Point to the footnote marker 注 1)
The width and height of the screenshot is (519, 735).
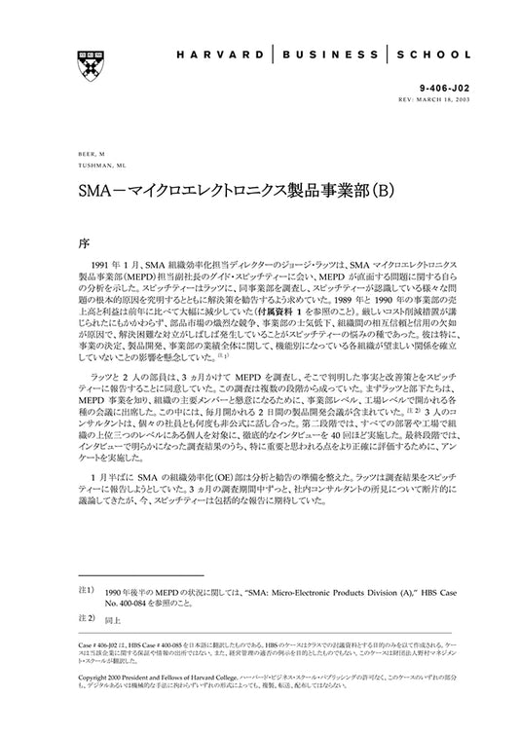(85, 591)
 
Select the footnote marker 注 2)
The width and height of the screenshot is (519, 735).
(85, 618)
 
